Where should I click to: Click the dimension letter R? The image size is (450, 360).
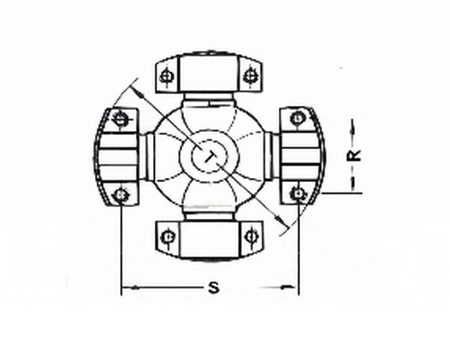click(357, 155)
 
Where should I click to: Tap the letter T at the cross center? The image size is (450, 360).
click(210, 156)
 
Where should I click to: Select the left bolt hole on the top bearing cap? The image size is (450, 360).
click(166, 75)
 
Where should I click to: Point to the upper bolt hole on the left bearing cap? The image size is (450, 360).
click(121, 117)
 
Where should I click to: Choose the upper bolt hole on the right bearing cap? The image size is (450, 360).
click(297, 117)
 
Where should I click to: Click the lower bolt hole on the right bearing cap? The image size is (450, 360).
click(297, 194)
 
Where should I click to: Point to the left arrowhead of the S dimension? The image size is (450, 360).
click(128, 289)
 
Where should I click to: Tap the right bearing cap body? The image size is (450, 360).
click(302, 156)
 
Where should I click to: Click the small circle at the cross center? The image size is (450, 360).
click(209, 156)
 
